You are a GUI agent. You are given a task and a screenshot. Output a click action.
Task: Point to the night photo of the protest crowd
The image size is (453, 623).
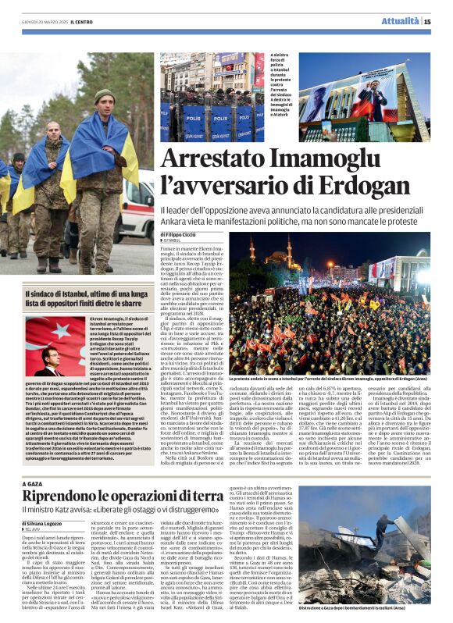[x=329, y=312]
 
